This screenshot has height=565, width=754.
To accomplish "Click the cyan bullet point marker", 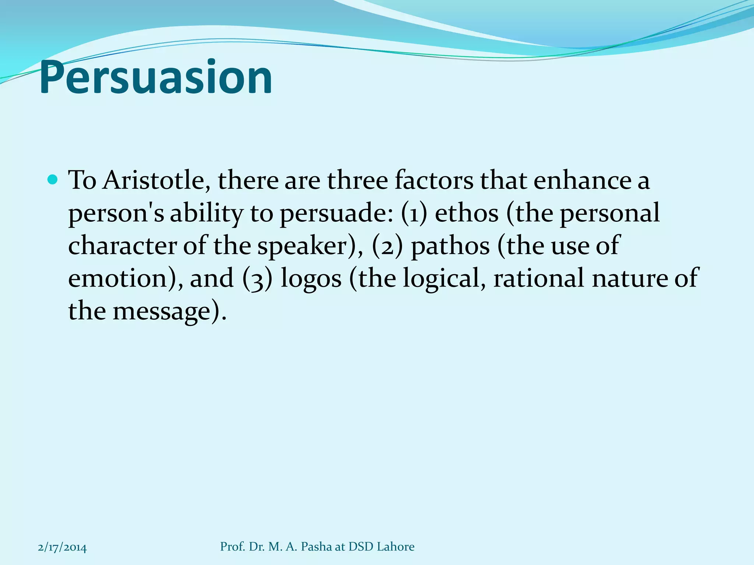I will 53,180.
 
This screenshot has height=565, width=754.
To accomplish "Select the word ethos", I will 466,213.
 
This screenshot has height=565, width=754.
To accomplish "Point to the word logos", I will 311,278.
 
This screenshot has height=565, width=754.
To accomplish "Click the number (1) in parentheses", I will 414,213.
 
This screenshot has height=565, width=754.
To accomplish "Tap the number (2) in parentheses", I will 387,246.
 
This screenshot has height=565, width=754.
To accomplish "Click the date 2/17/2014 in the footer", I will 62,547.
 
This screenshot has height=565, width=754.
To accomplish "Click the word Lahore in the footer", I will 397,547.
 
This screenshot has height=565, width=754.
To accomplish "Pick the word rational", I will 539,278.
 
